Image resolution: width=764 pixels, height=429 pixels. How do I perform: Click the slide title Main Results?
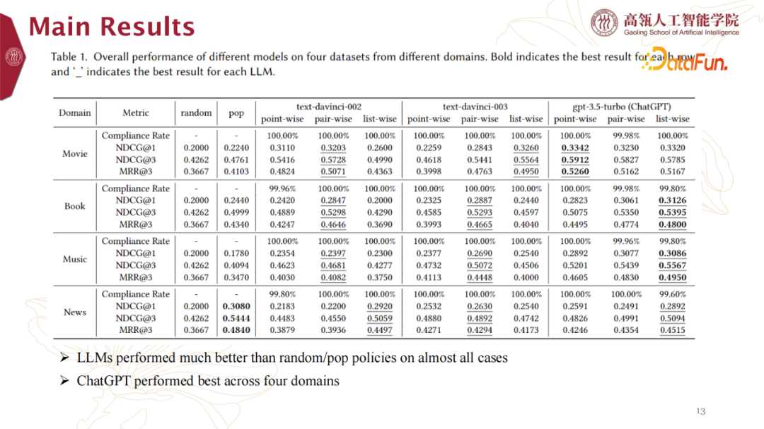tap(111, 27)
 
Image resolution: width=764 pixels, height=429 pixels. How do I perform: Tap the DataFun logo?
tap(685, 63)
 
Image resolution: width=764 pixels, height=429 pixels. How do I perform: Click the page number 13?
tap(701, 411)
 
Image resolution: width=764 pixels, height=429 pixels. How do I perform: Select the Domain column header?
tap(75, 112)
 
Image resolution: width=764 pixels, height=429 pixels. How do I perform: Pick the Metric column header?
tap(136, 112)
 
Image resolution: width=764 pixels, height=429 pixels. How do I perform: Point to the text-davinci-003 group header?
tap(475, 107)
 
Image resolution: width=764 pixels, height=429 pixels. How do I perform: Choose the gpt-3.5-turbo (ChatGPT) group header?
tap(621, 107)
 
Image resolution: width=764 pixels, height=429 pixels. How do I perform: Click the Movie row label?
tap(75, 153)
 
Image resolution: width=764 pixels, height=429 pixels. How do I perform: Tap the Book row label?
tap(75, 206)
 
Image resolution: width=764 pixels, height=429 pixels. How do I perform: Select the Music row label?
tap(75, 259)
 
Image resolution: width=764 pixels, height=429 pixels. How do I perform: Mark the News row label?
tap(75, 312)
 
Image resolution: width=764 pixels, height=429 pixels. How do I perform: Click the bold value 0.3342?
tap(575, 148)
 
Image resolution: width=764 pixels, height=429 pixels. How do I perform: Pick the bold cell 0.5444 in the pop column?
tap(236, 318)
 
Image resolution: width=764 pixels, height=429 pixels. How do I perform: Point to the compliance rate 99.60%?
tap(672, 294)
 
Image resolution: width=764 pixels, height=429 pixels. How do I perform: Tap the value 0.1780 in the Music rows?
tap(236, 253)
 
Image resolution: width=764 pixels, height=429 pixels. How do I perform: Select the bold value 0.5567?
tap(672, 265)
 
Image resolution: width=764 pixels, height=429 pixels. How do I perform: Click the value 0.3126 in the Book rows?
tap(672, 200)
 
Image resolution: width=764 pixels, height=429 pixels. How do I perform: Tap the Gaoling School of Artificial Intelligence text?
tap(681, 33)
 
